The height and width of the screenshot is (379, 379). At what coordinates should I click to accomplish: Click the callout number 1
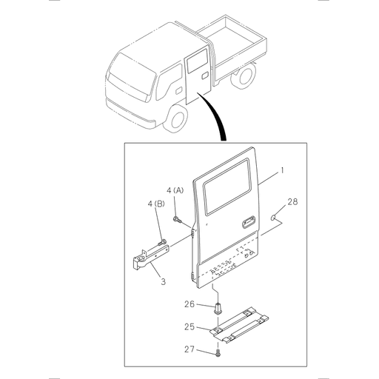tap(282, 170)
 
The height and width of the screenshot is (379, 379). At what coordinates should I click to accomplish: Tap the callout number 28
tap(292, 202)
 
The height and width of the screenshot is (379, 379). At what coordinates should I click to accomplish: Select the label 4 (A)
tap(175, 190)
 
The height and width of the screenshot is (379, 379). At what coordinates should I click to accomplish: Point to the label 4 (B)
tap(156, 204)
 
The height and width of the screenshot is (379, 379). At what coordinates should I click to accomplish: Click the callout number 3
tap(164, 281)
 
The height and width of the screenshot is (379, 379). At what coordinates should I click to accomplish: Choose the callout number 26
tap(189, 304)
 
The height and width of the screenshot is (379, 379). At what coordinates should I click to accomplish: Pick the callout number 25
tap(189, 327)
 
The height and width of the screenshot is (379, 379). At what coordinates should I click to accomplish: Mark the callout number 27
tap(189, 349)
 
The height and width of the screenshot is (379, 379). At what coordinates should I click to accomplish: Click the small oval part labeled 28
tap(273, 218)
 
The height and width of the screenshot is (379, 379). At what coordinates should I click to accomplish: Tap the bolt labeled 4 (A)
tap(178, 220)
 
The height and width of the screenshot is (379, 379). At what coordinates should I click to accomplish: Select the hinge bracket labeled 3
tap(151, 257)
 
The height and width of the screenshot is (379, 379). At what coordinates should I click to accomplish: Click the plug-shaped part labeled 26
tap(218, 309)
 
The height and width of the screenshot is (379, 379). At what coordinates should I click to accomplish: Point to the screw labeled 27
tap(218, 353)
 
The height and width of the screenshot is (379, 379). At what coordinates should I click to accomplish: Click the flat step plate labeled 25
tap(239, 325)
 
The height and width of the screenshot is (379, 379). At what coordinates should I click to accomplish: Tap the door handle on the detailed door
tap(248, 222)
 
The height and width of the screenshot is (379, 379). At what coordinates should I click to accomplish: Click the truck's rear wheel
tap(244, 76)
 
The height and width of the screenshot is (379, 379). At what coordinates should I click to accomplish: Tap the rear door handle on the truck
tap(205, 76)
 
